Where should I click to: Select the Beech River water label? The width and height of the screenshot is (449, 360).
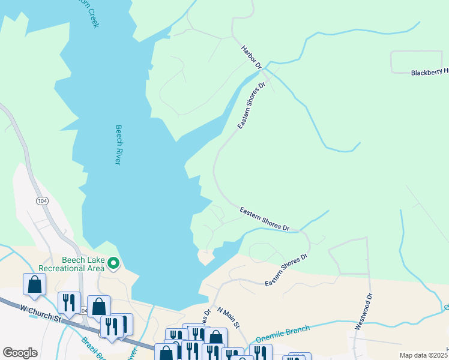point(118,145)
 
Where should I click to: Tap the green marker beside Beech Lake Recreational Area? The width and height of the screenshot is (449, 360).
point(113,263)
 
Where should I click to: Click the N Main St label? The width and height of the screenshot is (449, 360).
point(228,318)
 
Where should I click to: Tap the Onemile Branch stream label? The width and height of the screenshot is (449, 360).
point(282,333)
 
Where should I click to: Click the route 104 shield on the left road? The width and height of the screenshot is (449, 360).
point(41,200)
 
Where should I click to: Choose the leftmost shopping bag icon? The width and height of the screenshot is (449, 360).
point(34,284)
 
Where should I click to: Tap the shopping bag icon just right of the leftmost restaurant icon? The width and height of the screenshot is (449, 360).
point(98,306)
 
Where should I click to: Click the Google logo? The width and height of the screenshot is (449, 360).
point(19,352)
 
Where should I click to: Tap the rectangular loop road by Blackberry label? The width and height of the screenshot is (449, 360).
point(417,62)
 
